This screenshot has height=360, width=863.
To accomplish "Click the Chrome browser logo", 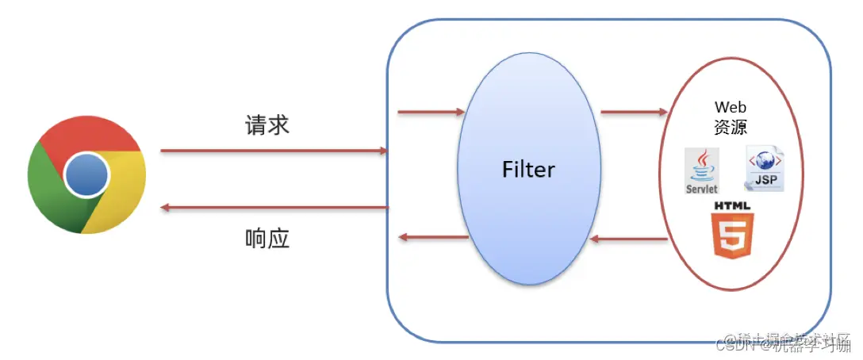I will coord(86,175).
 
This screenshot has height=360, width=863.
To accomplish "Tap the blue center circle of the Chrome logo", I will coord(86,175).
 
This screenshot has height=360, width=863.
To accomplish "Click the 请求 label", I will coord(267,124).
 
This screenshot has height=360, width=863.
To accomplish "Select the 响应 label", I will coord(267,237).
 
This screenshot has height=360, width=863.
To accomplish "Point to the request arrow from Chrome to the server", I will coord(274,150).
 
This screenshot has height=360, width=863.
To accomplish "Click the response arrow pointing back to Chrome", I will coord(274,208).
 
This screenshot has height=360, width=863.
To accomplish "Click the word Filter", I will coord(528,169).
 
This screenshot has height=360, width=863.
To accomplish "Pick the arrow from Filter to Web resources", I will coord(634,112).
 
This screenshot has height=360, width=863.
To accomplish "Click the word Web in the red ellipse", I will coord(731,107).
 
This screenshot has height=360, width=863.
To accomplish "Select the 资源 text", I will coord(731,127).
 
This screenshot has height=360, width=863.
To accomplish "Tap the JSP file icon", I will coord(765,170).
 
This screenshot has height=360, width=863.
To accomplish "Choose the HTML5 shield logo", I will coord(733,236).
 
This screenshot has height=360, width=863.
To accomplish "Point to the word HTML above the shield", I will coord(732,206).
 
